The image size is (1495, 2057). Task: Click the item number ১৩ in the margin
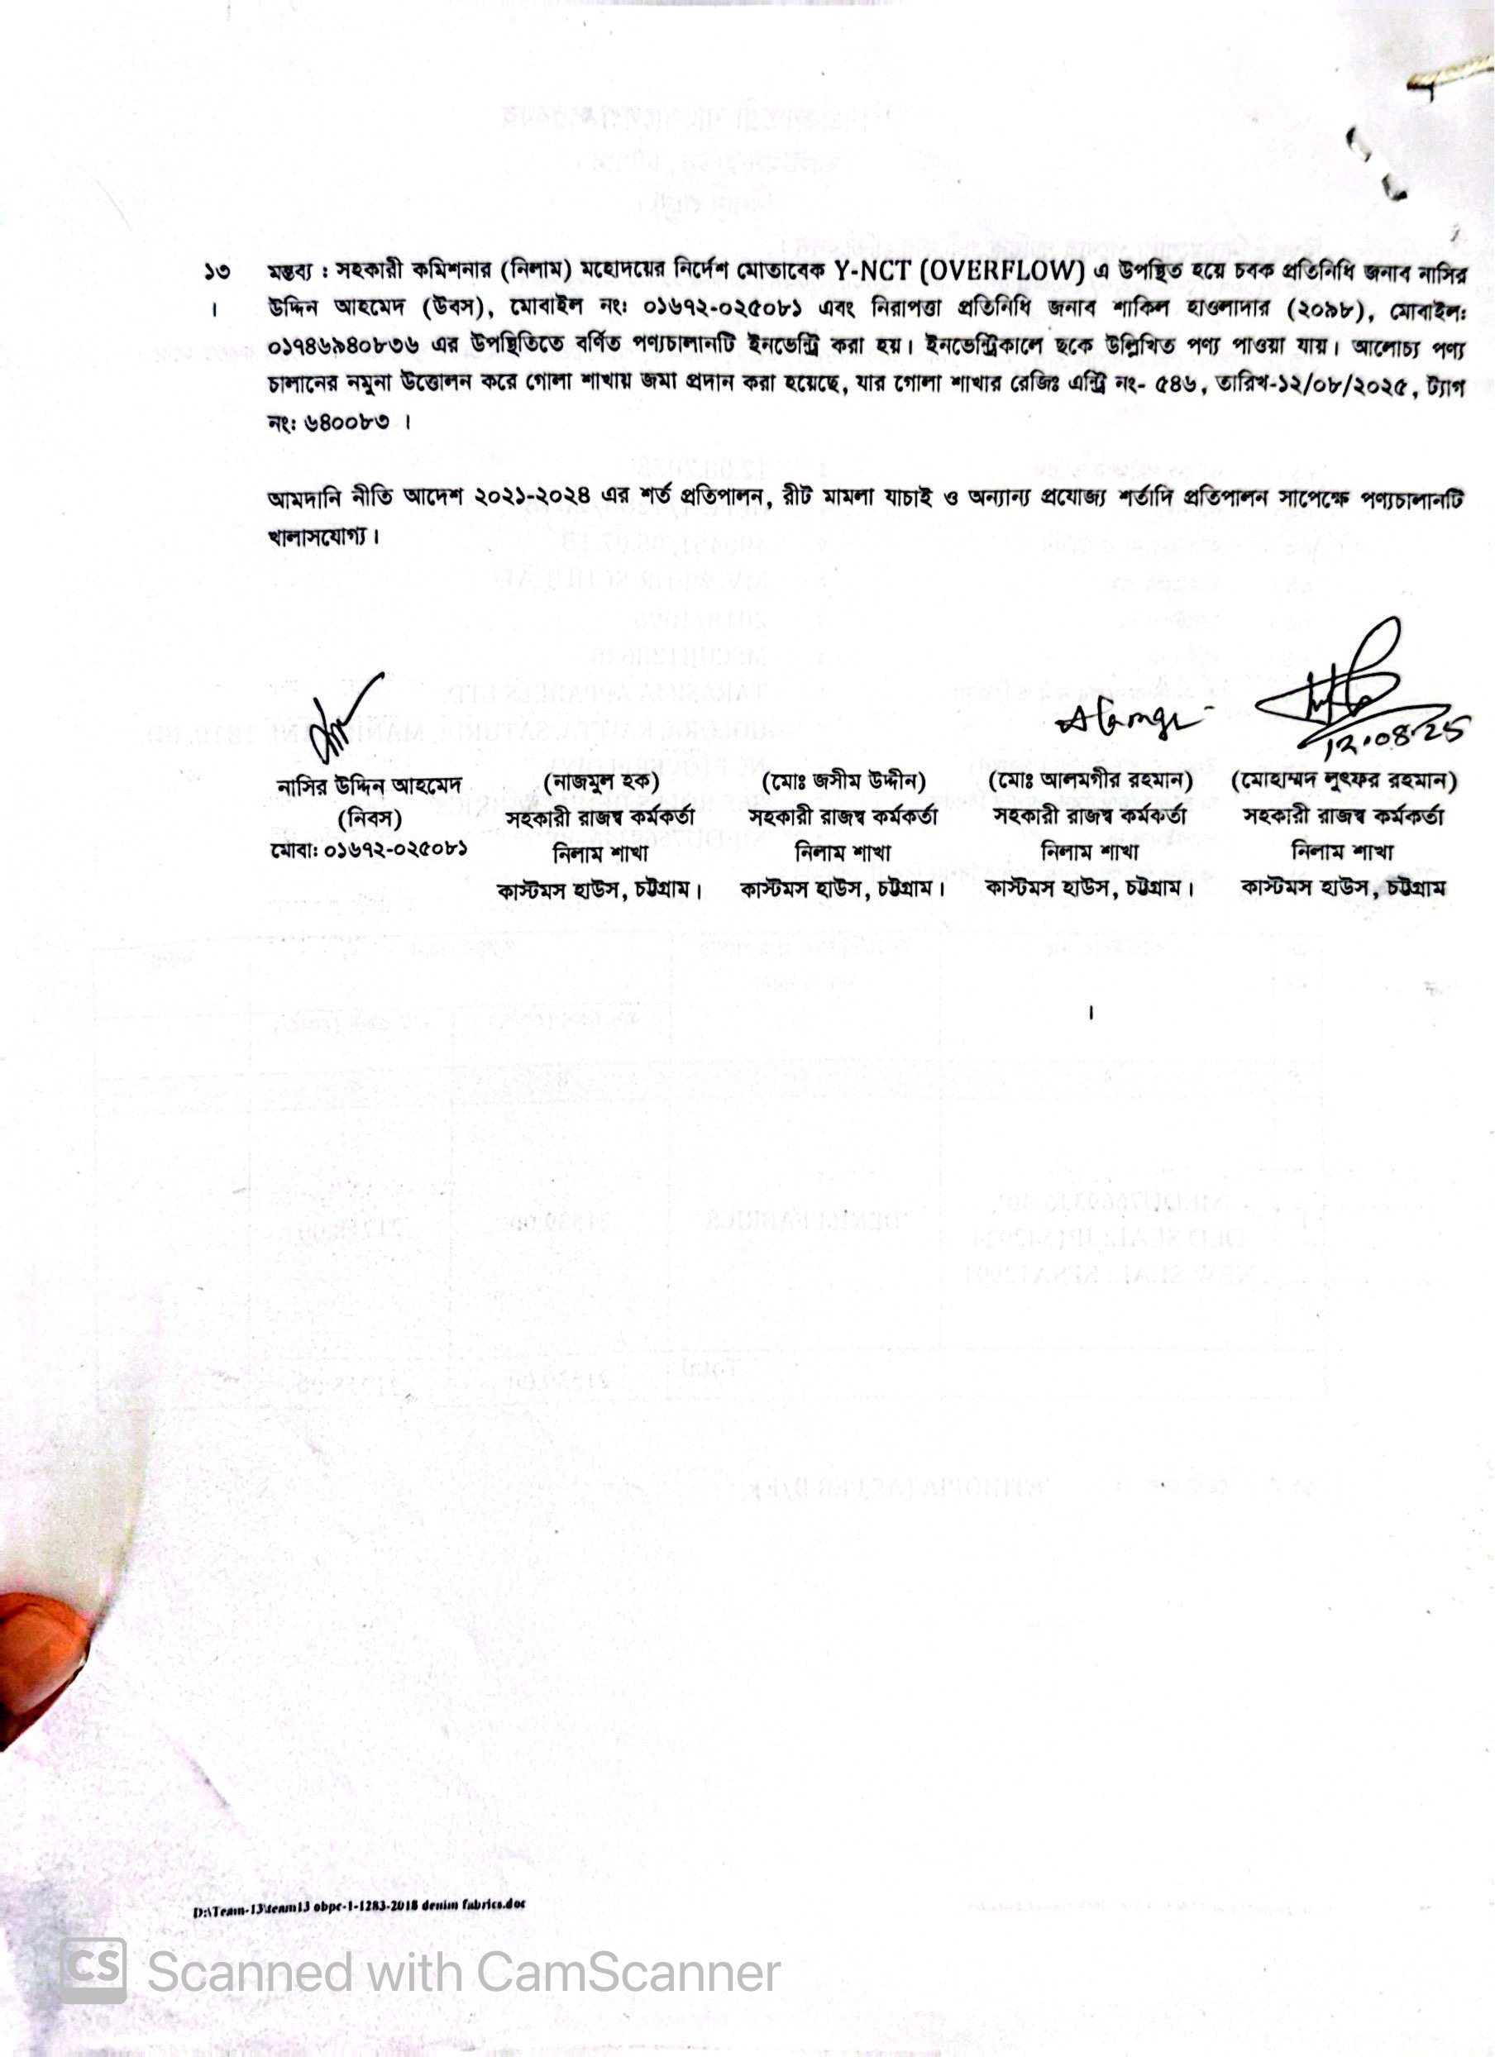point(216,270)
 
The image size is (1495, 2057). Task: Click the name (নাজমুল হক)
point(600,781)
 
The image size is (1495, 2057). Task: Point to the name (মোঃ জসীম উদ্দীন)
point(843,781)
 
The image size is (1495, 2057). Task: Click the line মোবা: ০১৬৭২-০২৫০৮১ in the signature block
point(368,852)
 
